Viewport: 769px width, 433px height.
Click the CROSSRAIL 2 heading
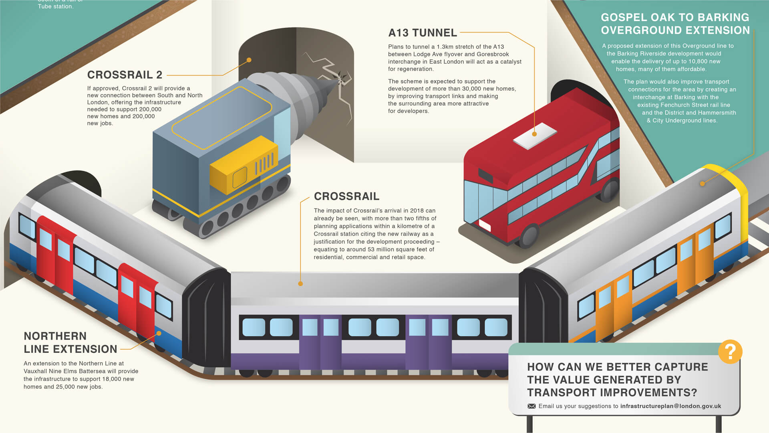click(x=125, y=75)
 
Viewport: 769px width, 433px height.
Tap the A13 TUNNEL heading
click(x=423, y=33)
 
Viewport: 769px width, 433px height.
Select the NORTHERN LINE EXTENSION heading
click(x=70, y=342)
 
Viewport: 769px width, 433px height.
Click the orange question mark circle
click(x=730, y=352)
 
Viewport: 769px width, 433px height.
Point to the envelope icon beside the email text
click(x=531, y=406)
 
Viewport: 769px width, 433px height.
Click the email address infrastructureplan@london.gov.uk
click(x=670, y=406)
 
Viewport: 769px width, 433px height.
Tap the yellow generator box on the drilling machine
click(x=244, y=166)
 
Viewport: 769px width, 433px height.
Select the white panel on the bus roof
click(x=535, y=136)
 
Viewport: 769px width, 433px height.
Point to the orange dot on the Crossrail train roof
click(x=300, y=283)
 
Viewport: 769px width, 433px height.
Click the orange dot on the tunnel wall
click(x=249, y=60)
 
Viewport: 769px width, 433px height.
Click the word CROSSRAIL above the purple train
click(x=346, y=196)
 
